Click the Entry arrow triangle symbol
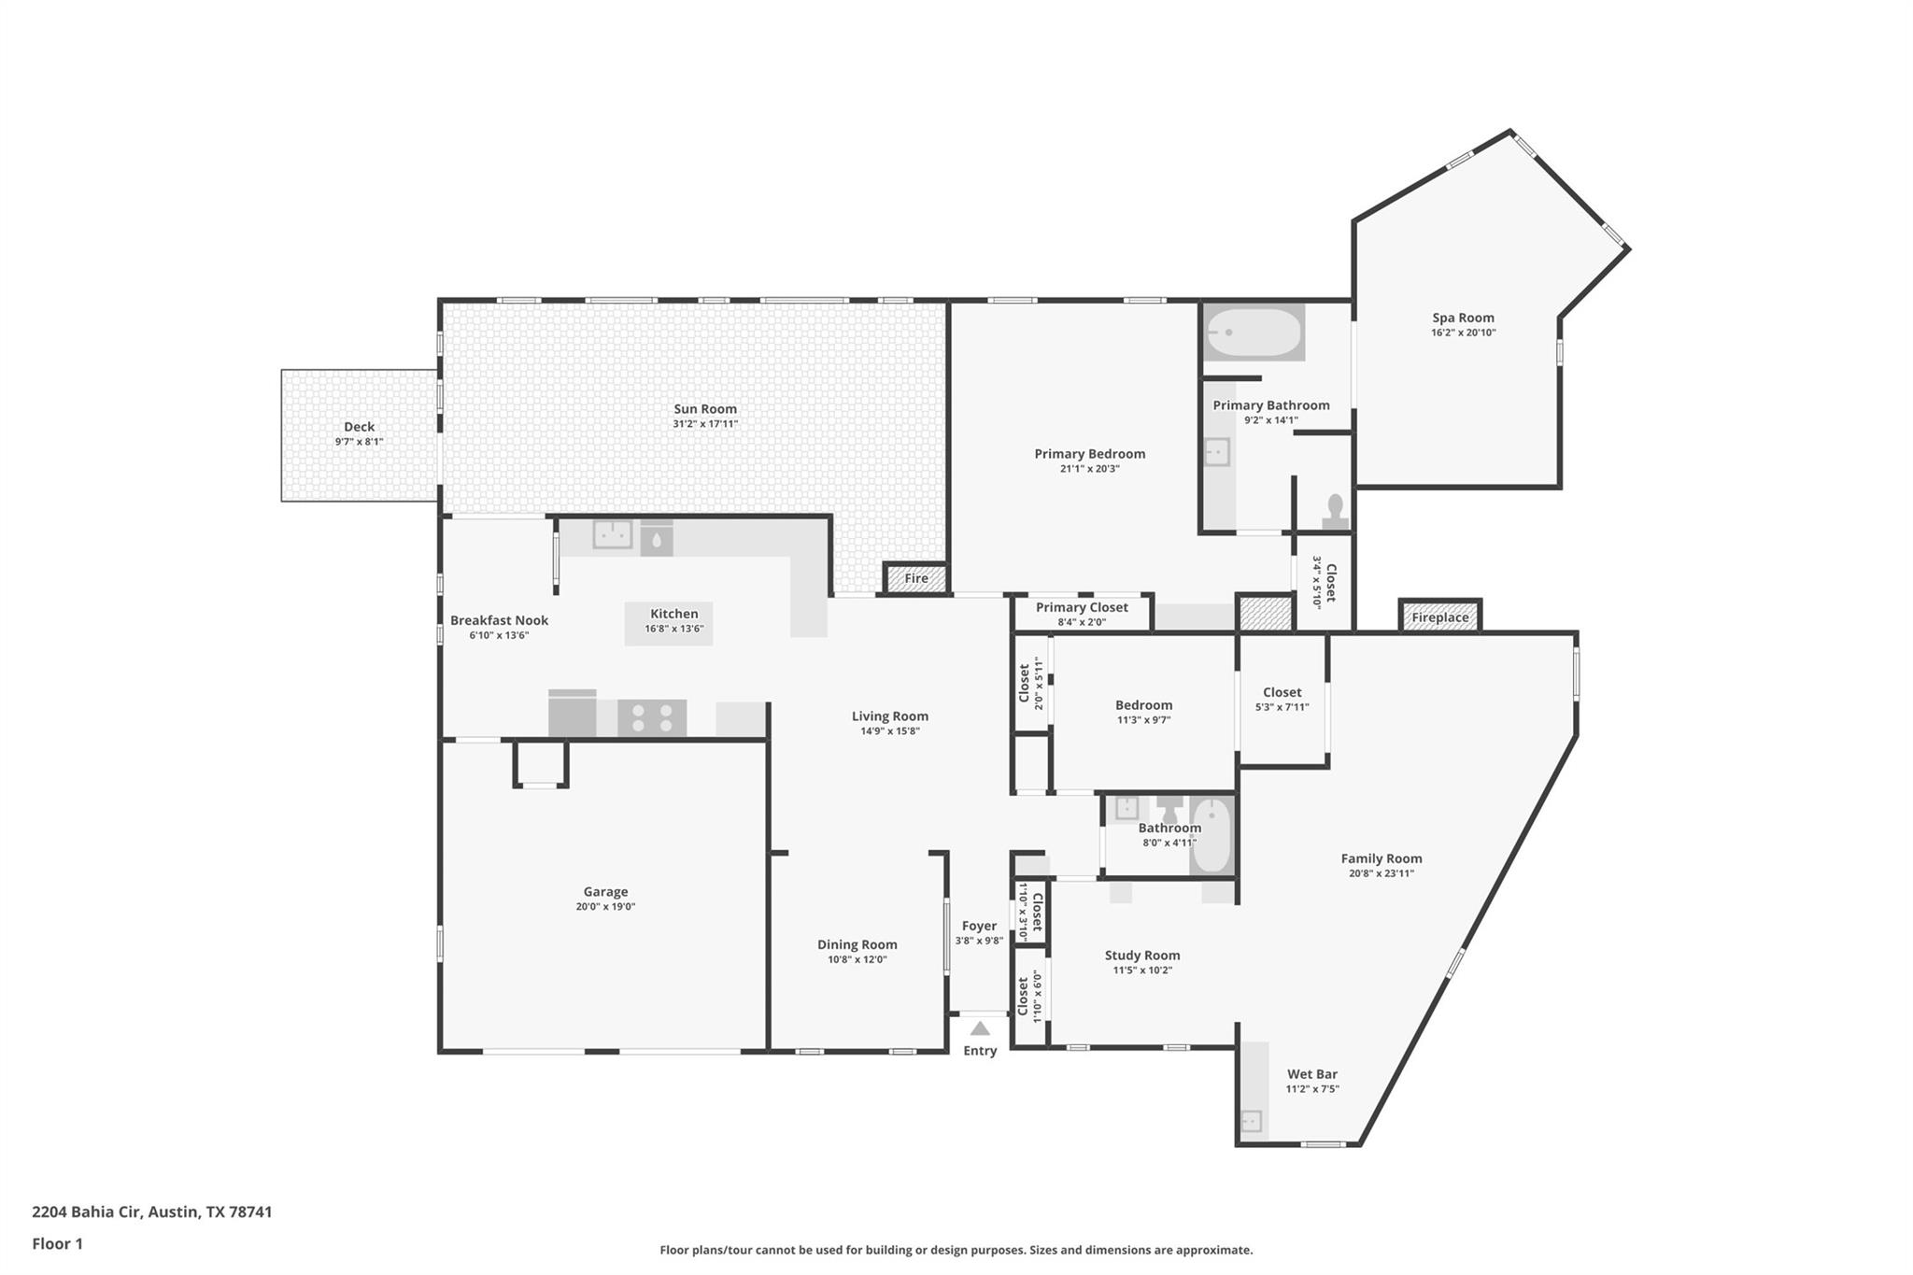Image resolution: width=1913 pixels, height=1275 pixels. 979,1029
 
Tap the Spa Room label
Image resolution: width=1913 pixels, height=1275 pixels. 1463,318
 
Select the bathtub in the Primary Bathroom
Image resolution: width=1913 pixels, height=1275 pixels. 1253,333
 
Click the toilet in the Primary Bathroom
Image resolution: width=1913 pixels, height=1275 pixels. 1336,512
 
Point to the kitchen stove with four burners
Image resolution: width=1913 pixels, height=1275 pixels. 651,718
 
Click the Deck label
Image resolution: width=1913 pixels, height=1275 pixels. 359,427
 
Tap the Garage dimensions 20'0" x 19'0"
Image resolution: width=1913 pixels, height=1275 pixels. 605,907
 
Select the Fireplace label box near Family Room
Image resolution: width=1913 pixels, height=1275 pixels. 1439,617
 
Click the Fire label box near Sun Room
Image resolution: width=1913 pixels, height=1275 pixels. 915,579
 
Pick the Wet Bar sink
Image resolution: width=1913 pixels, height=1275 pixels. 1251,1120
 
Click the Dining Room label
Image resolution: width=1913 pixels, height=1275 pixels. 857,944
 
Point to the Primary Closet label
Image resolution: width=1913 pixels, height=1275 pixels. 1082,607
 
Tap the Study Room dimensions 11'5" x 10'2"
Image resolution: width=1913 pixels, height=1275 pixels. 1141,970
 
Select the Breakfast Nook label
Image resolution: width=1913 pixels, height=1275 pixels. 499,620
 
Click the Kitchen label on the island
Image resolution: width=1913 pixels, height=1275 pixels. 673,614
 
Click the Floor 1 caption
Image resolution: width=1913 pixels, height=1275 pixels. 57,1243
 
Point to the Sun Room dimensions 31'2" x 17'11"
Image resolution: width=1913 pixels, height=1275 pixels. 705,424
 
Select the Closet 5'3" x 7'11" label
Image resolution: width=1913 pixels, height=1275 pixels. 1282,692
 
